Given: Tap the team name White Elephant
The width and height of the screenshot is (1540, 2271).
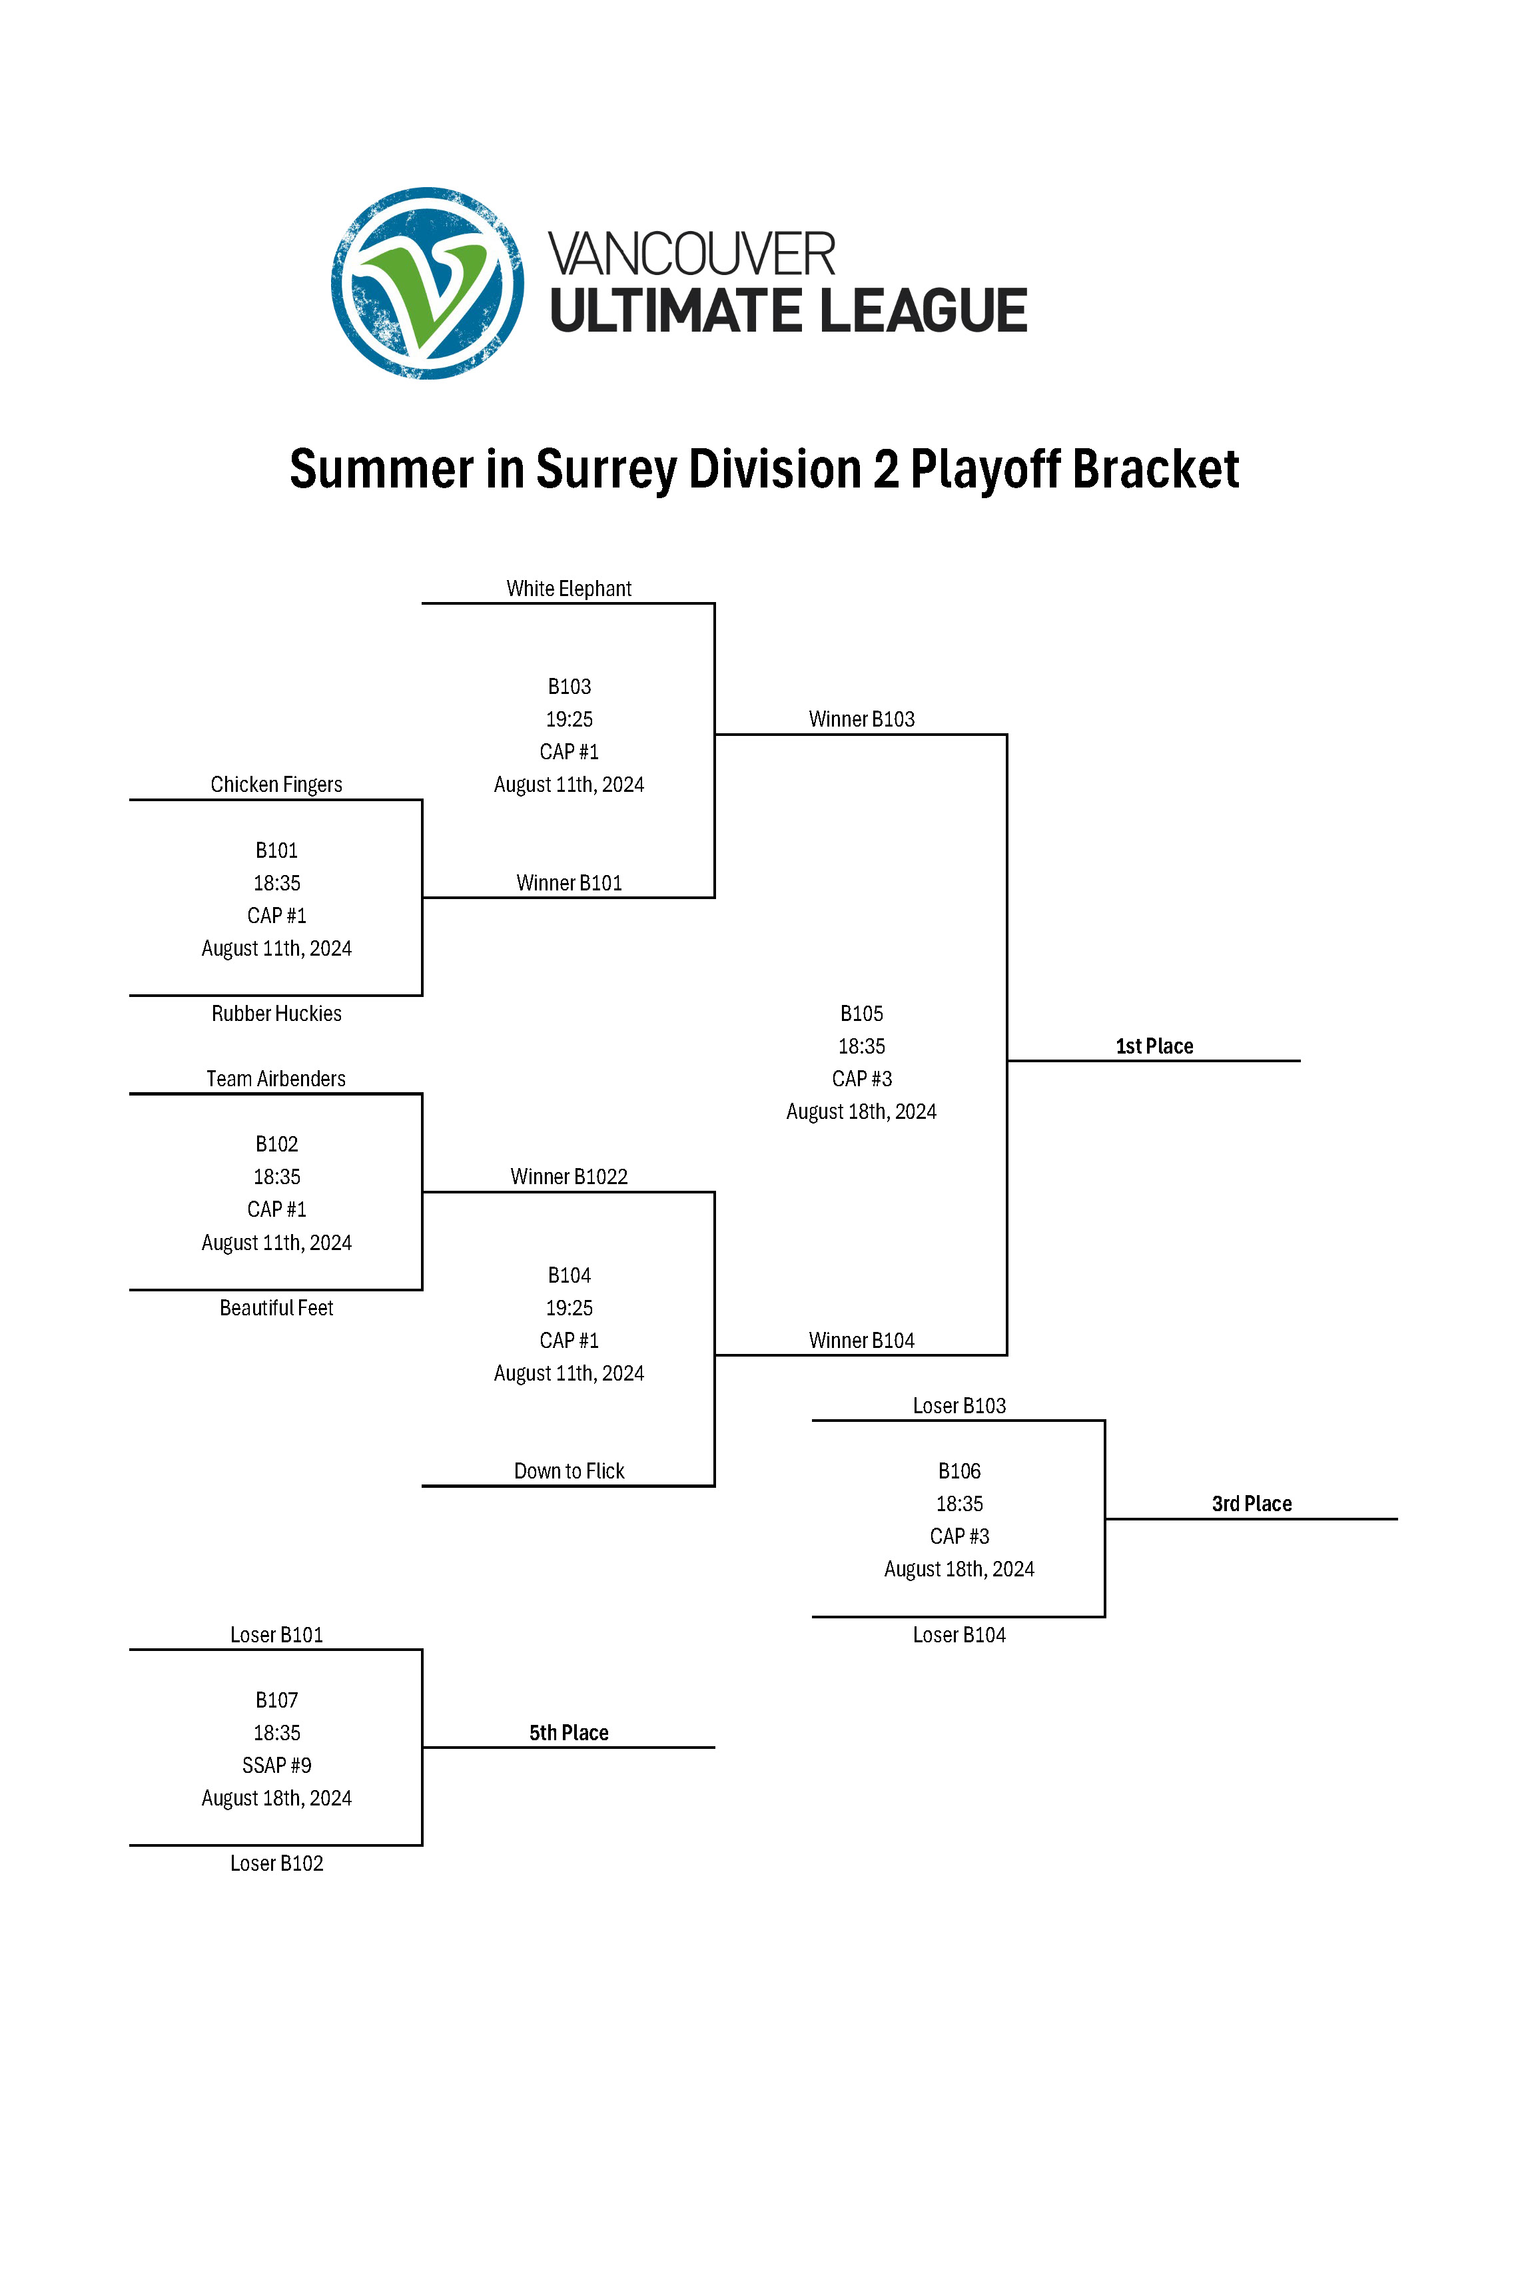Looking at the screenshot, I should pyautogui.click(x=569, y=588).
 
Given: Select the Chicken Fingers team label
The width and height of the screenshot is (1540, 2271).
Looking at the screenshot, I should pyautogui.click(x=276, y=785).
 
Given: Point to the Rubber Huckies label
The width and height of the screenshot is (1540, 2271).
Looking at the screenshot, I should pyautogui.click(x=276, y=1014).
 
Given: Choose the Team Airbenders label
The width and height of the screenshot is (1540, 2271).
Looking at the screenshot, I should pyautogui.click(x=276, y=1079).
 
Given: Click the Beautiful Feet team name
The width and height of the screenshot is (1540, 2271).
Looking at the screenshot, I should pyautogui.click(x=276, y=1307).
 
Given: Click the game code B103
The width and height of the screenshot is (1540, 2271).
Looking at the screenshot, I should pyautogui.click(x=569, y=687).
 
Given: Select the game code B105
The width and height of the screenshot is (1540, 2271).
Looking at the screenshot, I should pyautogui.click(x=861, y=1014).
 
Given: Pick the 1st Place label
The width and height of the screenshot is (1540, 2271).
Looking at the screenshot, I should pyautogui.click(x=1154, y=1046).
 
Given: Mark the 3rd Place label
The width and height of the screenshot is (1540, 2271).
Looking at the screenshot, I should pyautogui.click(x=1252, y=1504).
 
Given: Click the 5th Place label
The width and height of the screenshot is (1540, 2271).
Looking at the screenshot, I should pyautogui.click(x=569, y=1733).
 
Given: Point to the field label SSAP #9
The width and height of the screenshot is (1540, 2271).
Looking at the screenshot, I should pyautogui.click(x=276, y=1765).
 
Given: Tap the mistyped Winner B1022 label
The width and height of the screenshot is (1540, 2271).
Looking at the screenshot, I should pyautogui.click(x=569, y=1177).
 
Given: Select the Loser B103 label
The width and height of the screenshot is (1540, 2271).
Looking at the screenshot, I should pyautogui.click(x=959, y=1405).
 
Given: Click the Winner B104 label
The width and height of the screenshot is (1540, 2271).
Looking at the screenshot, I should pyautogui.click(x=861, y=1341).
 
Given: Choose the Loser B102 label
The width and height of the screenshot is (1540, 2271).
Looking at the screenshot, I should pyautogui.click(x=276, y=1863).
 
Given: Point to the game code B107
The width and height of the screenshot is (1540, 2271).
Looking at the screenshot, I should pyautogui.click(x=276, y=1700).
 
